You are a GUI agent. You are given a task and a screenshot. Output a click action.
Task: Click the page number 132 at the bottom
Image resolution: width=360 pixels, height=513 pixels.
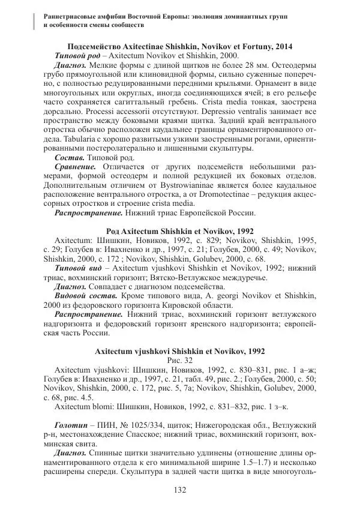tap(179, 491)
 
